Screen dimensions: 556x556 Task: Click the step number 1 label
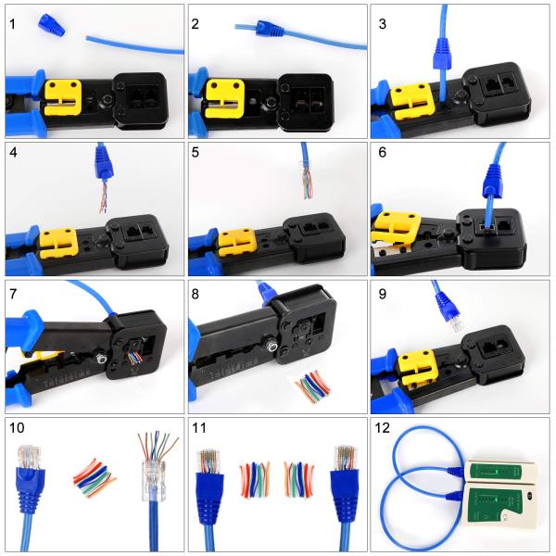tap(12, 21)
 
